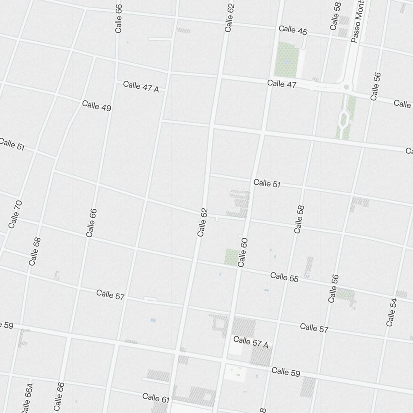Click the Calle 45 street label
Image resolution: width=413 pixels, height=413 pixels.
coord(293,30)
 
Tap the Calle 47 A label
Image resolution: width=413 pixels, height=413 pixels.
coord(141,87)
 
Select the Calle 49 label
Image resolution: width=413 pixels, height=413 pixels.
coord(97,106)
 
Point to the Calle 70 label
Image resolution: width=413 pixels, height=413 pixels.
coord(15,214)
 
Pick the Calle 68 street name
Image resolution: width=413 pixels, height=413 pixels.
coord(35,252)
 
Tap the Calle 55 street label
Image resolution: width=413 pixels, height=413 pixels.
coord(284,277)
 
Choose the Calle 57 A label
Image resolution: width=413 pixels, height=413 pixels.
coord(251,342)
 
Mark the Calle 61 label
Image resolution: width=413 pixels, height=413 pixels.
coord(156,399)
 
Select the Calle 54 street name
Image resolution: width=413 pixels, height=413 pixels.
coord(392,312)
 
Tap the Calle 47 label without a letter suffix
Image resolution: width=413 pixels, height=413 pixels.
coord(282,84)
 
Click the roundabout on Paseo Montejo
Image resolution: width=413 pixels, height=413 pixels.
coord(346,87)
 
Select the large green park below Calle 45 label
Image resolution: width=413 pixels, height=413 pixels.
coord(287,59)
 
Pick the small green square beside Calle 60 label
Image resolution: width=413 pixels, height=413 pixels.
coord(231,257)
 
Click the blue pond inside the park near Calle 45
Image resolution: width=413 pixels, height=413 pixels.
coord(286,62)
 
